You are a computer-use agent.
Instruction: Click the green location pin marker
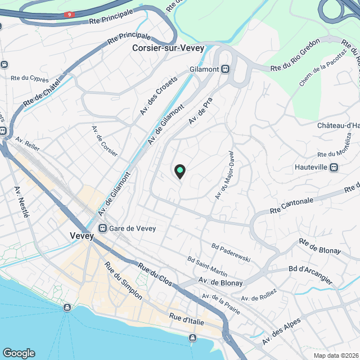pos(179,170)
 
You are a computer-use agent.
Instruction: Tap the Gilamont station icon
pos(225,69)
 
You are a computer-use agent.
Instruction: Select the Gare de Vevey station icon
pos(102,228)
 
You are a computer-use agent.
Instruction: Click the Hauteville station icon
pos(334,167)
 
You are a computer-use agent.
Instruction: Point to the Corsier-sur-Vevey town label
pos(168,48)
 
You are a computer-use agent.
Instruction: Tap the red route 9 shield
pos(69,14)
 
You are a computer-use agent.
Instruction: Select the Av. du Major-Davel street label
pos(224,174)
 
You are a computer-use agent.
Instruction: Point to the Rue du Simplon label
pos(123,281)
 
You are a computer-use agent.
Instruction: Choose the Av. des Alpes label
pos(281,332)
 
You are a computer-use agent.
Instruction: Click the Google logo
pos(18,353)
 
